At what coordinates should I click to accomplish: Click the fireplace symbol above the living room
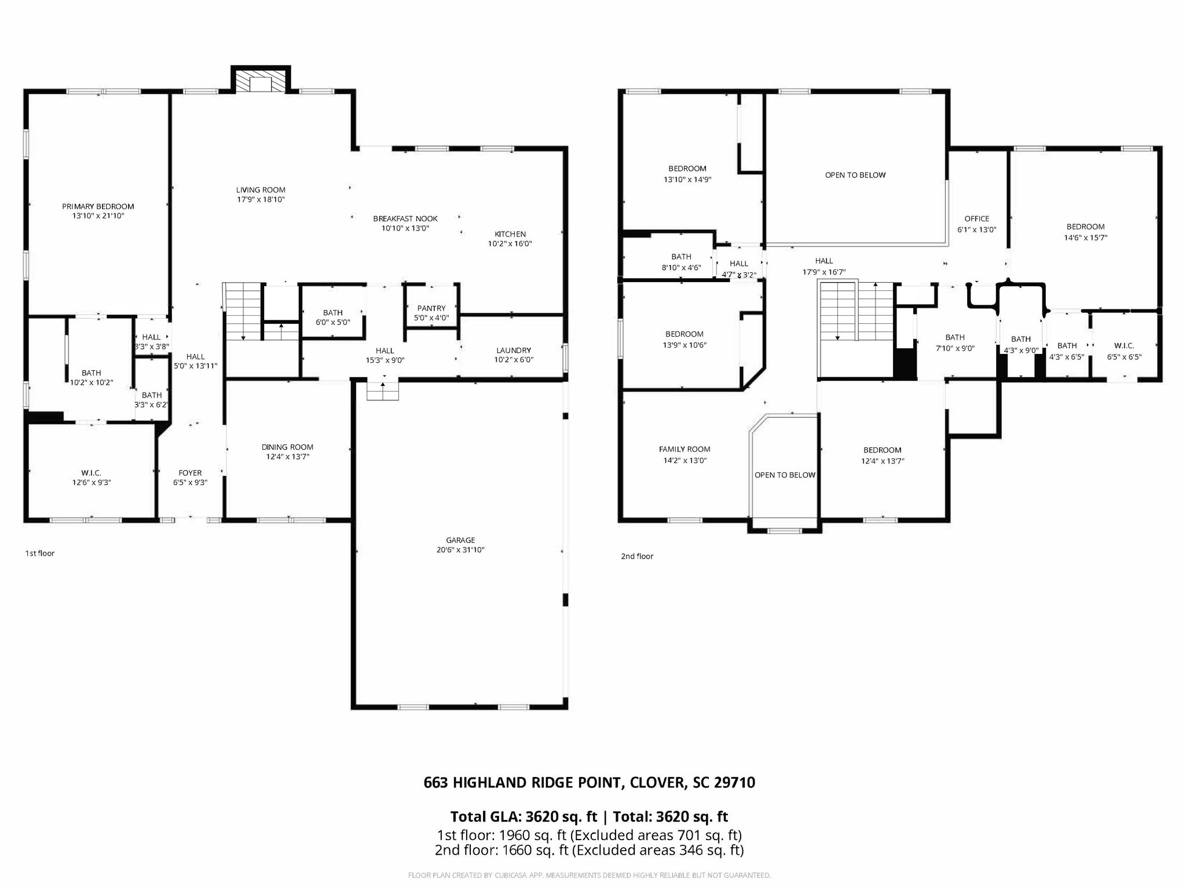261,80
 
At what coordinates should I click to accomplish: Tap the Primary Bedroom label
98,206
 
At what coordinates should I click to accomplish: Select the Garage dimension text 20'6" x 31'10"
460,550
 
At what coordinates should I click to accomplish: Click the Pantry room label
431,308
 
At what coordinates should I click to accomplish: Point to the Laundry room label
514,350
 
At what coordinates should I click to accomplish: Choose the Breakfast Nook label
405,218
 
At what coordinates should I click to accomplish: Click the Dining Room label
287,447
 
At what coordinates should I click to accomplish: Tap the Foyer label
190,473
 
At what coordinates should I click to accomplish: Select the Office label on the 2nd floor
977,218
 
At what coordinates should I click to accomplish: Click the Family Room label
684,449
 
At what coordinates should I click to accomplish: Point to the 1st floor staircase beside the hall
243,311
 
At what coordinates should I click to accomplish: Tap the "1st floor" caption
39,553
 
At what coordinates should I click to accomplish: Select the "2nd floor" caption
637,556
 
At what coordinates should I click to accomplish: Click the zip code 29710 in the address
734,783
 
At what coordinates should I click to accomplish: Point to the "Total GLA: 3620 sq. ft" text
524,817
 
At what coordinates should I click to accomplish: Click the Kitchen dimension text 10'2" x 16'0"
510,244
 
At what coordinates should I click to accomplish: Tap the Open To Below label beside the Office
855,175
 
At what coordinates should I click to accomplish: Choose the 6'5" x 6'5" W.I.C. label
1124,357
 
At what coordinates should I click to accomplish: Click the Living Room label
261,189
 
